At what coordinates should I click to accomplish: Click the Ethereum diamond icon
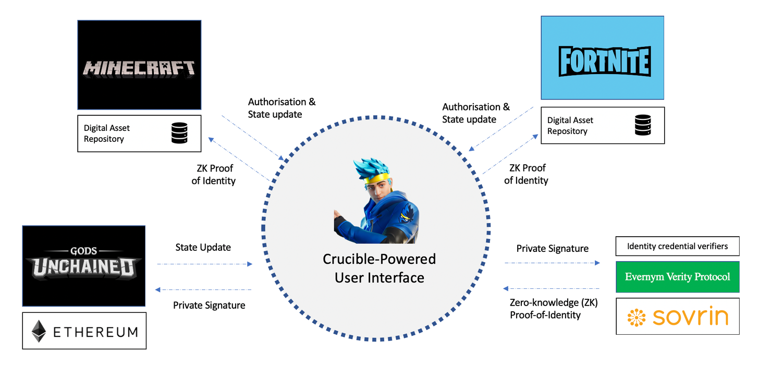[39, 331]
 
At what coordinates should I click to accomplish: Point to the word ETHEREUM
[95, 332]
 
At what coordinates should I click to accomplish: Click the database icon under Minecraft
[179, 133]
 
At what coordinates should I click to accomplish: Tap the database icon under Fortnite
[643, 125]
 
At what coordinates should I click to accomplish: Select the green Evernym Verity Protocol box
[678, 277]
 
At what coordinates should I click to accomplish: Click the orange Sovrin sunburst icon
[636, 317]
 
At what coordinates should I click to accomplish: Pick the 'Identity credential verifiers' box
[678, 246]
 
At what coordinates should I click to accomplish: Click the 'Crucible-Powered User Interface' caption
[379, 268]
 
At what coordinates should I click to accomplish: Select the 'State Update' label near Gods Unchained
[203, 247]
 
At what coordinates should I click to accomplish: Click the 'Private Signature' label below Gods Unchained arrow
[209, 305]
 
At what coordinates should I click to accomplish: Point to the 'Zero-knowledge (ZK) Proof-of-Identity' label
[553, 308]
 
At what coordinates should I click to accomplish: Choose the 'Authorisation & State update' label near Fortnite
[475, 113]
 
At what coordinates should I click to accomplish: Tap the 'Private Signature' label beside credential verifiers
[552, 249]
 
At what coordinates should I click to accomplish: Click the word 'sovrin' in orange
[690, 317]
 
